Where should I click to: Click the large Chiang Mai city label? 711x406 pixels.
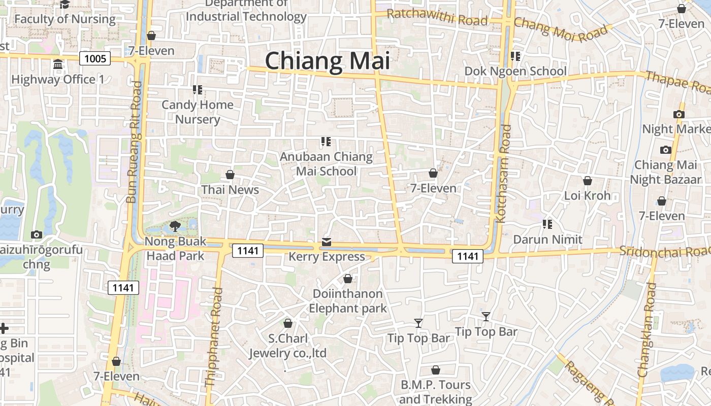328,61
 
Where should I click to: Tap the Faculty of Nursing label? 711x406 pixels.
65,19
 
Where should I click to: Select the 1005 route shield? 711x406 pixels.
95,59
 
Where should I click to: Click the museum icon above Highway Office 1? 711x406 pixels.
58,65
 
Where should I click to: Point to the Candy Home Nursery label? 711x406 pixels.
198,112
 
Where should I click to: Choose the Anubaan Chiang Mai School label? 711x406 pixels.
326,164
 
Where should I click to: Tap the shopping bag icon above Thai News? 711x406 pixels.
230,175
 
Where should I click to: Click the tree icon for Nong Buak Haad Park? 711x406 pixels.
175,226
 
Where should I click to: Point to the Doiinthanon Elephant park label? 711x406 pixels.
348,301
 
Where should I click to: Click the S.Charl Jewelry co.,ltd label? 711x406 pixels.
287,346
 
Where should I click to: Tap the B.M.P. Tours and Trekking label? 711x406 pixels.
436,392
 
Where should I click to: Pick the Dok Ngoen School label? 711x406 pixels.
515,71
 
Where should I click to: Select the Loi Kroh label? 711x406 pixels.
588,195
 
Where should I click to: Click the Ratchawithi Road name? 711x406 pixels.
437,18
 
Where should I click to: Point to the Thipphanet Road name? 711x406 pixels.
213,337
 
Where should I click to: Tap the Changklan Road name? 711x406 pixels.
647,330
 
